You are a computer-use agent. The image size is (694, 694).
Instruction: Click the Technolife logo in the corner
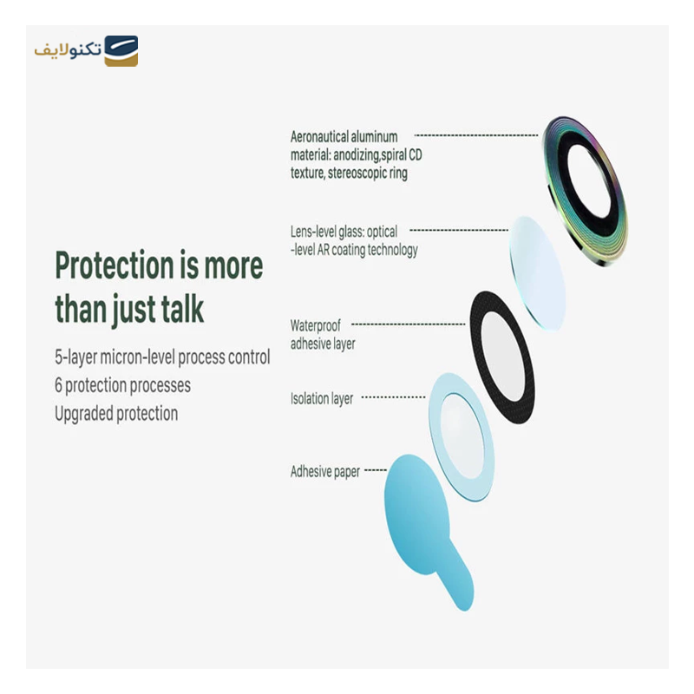[86, 51]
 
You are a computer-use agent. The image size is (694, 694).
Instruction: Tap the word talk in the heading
[178, 309]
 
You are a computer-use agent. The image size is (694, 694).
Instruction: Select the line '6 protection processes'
[122, 385]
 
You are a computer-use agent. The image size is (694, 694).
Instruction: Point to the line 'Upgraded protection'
[116, 414]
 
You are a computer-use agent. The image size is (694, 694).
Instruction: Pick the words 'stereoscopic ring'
[362, 173]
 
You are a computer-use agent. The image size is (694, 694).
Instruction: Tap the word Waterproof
[316, 326]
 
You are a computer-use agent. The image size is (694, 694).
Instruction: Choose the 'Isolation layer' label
[322, 399]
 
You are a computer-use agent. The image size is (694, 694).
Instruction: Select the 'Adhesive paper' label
[325, 473]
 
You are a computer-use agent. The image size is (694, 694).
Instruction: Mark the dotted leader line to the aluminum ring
[477, 136]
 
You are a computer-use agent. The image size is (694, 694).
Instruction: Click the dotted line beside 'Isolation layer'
[394, 398]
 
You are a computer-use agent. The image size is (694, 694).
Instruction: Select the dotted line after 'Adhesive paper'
[375, 471]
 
